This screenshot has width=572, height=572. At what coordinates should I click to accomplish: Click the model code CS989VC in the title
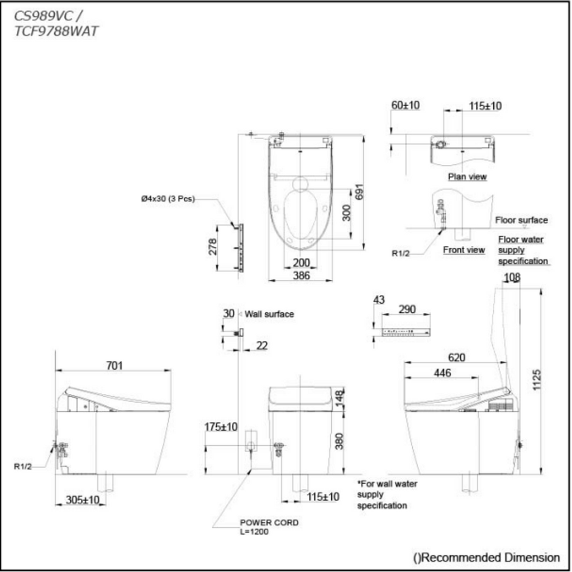coord(44,16)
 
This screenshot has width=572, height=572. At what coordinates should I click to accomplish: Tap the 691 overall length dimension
coord(359,192)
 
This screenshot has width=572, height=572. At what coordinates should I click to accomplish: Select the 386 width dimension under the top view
coord(301,275)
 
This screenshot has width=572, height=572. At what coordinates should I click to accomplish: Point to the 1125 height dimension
coord(537,380)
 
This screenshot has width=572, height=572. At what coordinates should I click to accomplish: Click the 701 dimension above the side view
coord(114,365)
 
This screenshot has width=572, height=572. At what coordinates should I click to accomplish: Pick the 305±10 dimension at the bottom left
coord(83,500)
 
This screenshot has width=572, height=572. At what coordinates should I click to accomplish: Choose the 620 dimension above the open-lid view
coord(456,357)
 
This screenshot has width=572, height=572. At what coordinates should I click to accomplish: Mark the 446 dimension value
coord(442,373)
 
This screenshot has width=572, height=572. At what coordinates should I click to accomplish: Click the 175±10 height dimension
coord(221,427)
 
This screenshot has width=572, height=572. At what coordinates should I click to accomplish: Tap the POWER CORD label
coord(269,522)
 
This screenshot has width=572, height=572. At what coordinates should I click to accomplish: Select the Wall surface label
coord(269,314)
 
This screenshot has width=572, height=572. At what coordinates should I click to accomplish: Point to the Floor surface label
coord(521,220)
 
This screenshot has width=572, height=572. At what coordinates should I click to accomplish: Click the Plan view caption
coord(468,177)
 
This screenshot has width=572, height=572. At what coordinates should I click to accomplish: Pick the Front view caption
coord(464,250)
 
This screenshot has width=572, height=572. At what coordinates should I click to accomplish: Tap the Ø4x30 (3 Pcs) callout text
coord(168,199)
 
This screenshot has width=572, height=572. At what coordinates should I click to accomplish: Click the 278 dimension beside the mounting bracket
coord(213,246)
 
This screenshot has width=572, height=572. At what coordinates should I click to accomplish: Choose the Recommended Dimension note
coord(487,557)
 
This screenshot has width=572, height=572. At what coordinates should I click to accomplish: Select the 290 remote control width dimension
coord(407,309)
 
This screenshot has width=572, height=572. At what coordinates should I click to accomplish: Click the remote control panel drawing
coord(406,332)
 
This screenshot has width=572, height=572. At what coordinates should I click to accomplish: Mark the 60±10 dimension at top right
coord(406,105)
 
